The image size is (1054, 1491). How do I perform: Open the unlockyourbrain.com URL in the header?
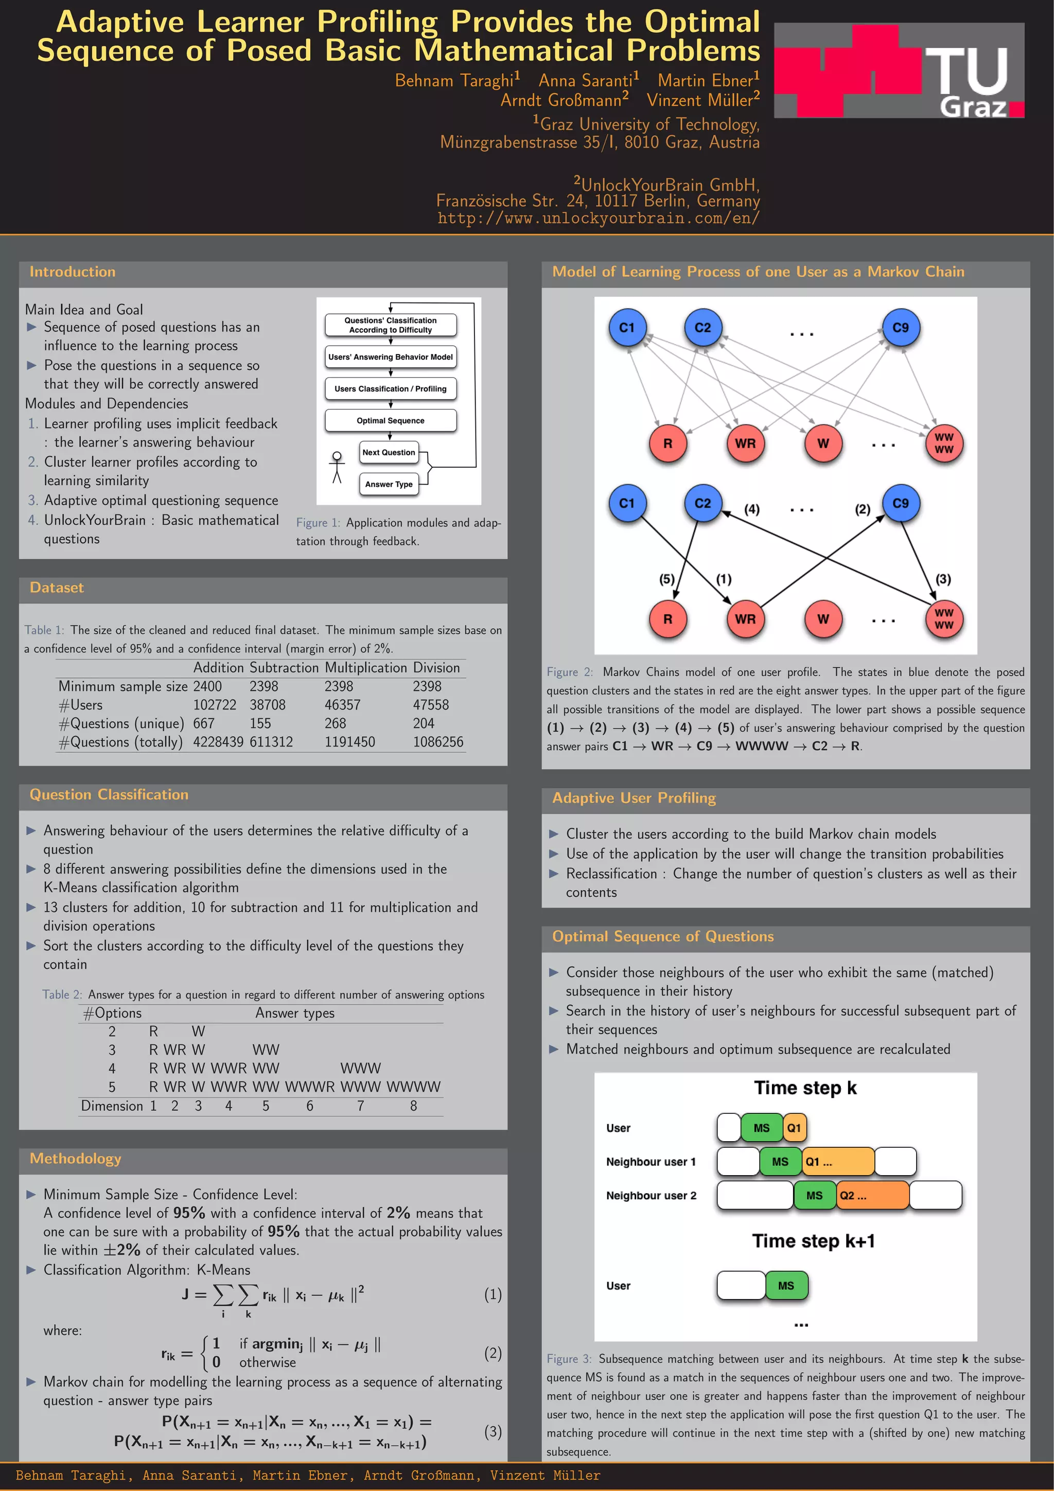pos(598,218)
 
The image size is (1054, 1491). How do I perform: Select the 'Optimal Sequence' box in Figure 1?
pos(390,421)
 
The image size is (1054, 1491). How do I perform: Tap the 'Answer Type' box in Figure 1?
pos(389,484)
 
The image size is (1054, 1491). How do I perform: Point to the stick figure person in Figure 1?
pos(337,468)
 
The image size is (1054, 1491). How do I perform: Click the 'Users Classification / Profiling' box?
pos(390,389)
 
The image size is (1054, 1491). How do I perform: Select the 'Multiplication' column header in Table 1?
pos(365,668)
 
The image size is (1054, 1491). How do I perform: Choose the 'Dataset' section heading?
pos(57,588)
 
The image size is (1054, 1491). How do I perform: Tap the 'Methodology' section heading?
pos(75,1159)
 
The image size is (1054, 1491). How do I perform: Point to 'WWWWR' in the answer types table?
pos(310,1087)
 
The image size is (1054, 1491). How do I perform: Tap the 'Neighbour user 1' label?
pos(651,1162)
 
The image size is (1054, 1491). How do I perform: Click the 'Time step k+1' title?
pos(813,1241)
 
